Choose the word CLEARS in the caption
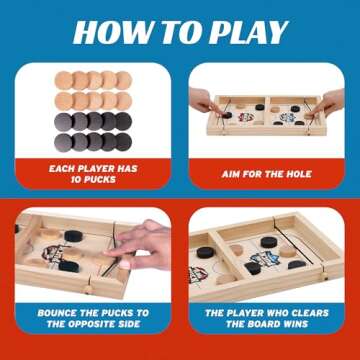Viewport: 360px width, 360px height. click(309, 311)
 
